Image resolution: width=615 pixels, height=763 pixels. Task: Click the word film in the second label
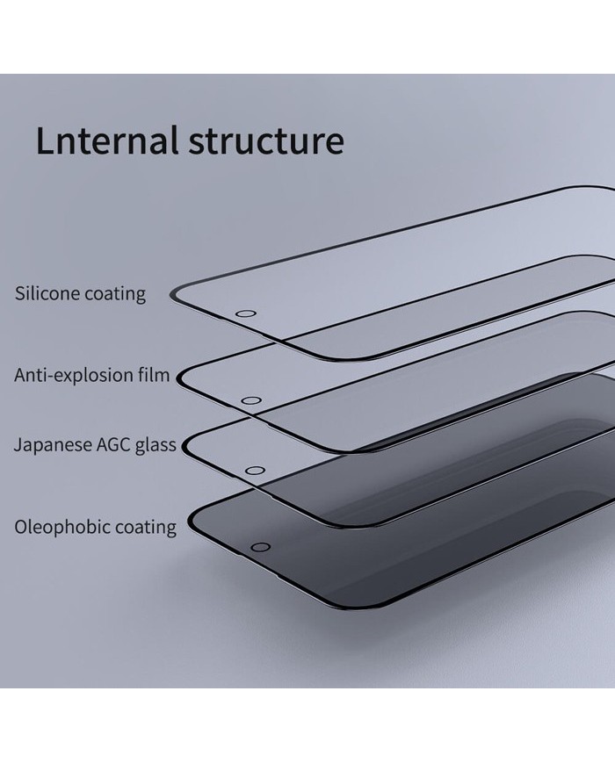click(156, 376)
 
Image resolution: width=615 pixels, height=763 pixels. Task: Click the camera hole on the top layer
click(247, 313)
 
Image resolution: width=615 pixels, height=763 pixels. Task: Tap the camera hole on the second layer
click(251, 400)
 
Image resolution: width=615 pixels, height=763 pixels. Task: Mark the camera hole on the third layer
click(255, 471)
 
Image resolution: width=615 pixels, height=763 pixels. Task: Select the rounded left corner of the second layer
click(184, 378)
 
